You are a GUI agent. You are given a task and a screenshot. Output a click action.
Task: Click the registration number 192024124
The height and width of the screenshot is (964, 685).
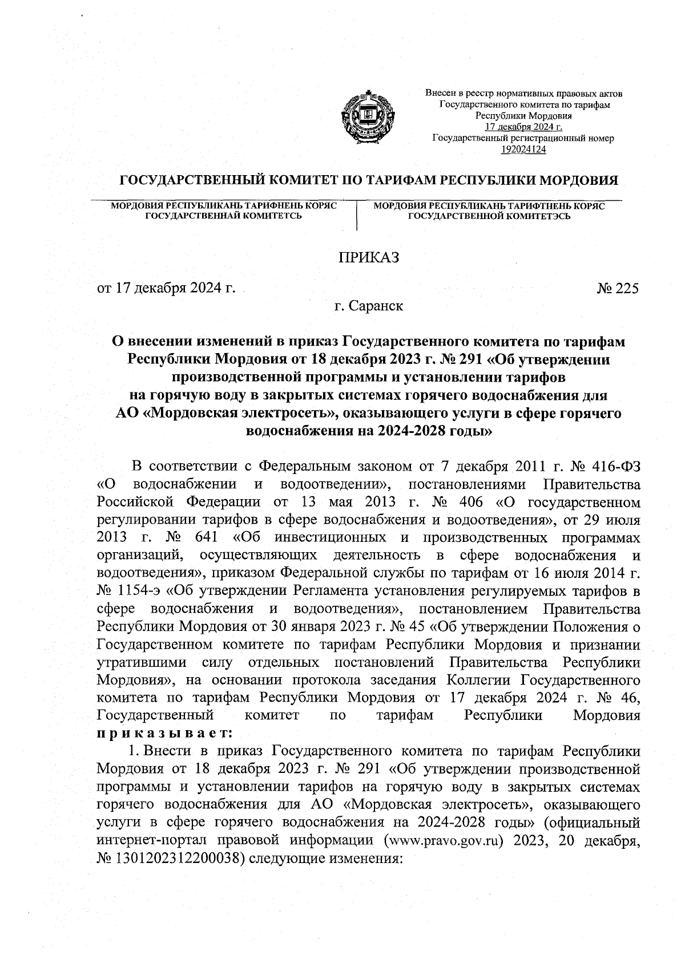(523, 149)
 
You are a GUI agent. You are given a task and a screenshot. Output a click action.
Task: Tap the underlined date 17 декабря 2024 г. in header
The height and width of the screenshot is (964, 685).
(523, 127)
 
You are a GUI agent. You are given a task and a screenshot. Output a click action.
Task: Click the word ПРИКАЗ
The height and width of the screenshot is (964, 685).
(369, 257)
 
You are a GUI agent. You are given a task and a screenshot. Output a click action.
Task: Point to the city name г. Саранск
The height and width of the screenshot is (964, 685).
(369, 306)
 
